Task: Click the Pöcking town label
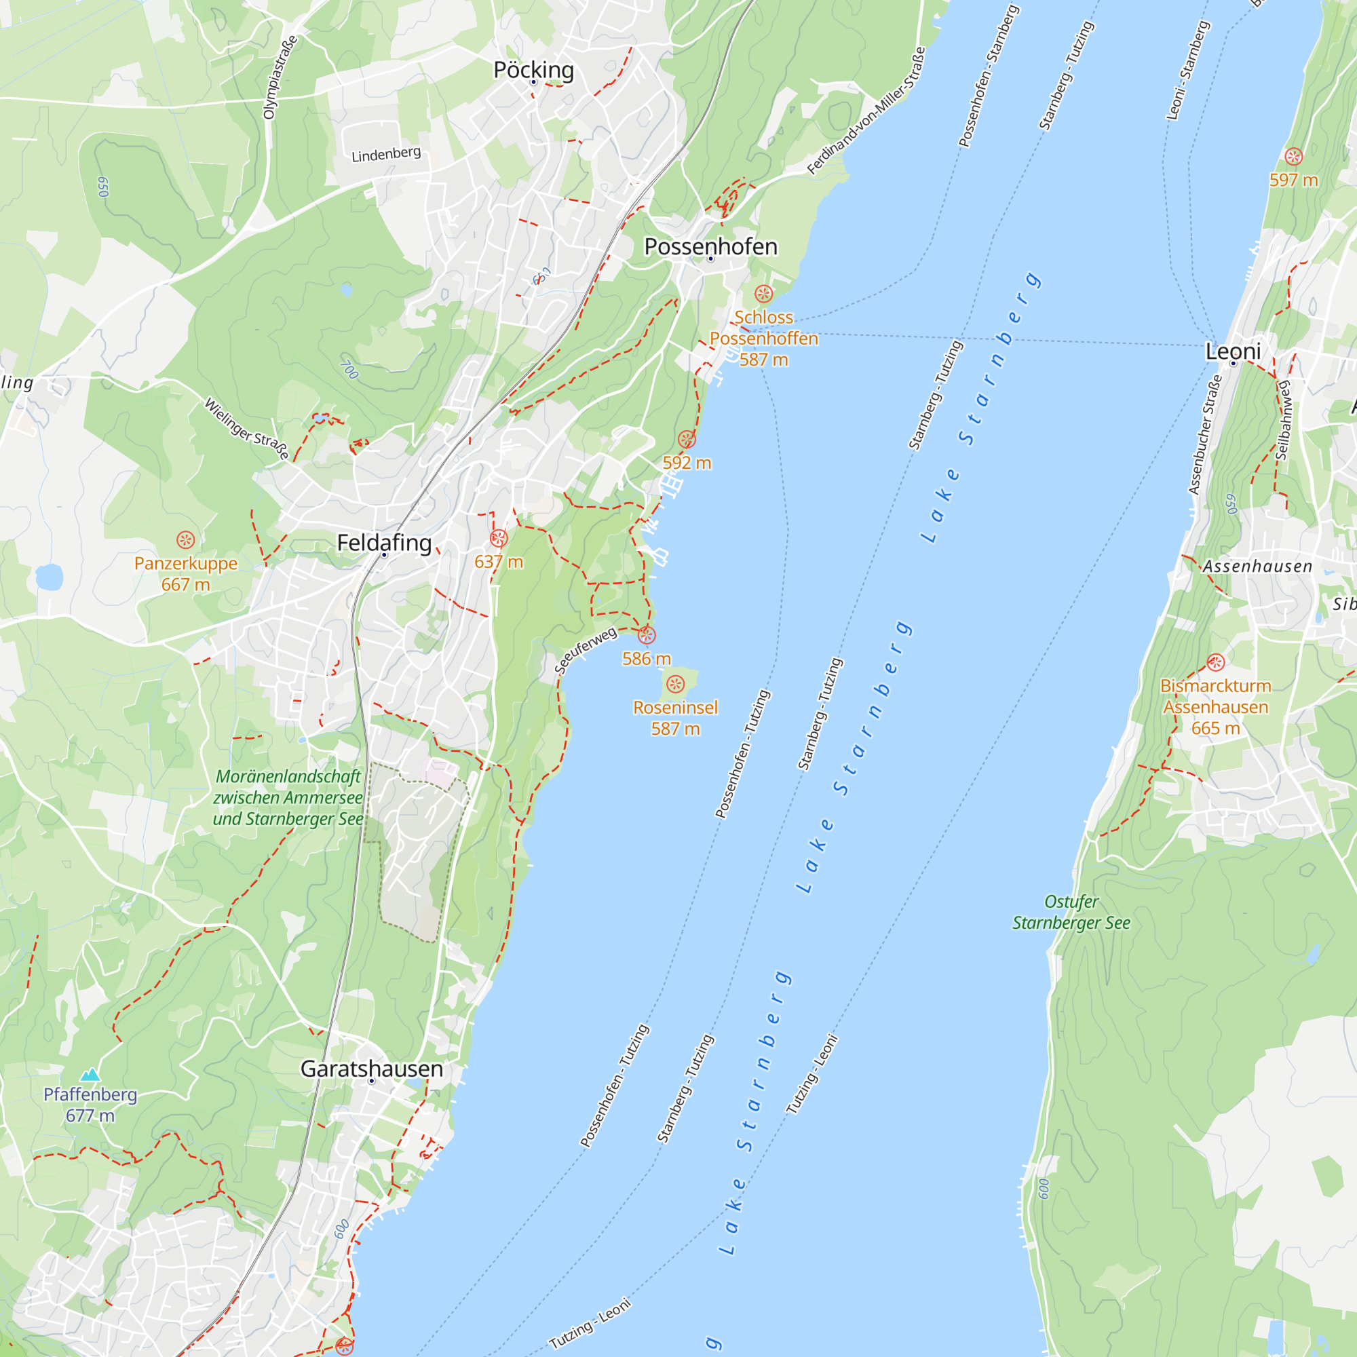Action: point(533,71)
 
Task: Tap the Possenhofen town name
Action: point(710,246)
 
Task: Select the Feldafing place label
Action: point(384,543)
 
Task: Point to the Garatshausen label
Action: point(372,1069)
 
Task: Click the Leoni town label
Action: point(1233,351)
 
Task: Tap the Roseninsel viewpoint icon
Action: point(675,684)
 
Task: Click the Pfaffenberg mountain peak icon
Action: point(90,1075)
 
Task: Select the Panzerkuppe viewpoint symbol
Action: point(185,539)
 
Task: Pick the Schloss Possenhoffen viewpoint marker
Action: point(763,294)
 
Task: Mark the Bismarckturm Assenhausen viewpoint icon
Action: point(1216,662)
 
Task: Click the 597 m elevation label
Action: point(1293,180)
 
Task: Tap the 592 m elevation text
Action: point(687,463)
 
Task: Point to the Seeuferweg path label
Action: point(586,651)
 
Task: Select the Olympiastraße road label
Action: point(280,77)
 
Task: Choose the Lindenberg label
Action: point(386,154)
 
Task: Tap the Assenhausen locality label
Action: point(1257,567)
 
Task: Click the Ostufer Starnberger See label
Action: point(1071,913)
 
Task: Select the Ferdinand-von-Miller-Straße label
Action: point(866,111)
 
